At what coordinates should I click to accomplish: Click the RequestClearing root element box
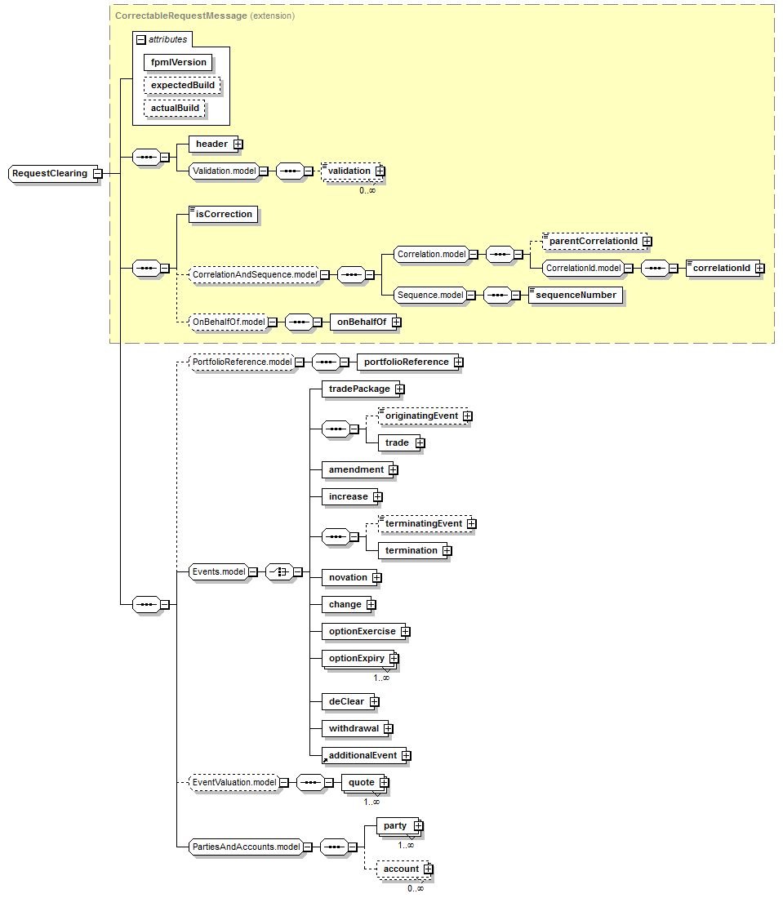tap(49, 173)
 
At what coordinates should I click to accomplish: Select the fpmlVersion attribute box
tap(179, 62)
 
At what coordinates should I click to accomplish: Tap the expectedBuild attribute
tap(183, 85)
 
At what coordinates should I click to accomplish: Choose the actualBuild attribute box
tap(175, 108)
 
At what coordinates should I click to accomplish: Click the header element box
tap(211, 144)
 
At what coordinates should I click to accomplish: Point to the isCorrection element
tap(224, 214)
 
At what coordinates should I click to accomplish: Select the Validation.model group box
tap(224, 171)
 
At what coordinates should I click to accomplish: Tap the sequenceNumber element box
tap(576, 295)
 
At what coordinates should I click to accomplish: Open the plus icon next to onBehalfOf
tap(397, 322)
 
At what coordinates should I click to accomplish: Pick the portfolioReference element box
tap(406, 362)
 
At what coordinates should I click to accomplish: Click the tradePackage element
tap(358, 389)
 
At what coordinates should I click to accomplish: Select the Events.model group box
tap(218, 571)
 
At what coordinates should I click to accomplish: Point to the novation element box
tap(348, 577)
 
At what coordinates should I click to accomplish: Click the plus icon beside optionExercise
tap(405, 631)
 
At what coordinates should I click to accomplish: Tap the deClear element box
tap(347, 700)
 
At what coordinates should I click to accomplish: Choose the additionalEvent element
tap(362, 755)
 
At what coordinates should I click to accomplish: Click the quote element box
tap(361, 782)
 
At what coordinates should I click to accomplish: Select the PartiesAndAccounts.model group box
tap(245, 847)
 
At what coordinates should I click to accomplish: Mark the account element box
tap(401, 869)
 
